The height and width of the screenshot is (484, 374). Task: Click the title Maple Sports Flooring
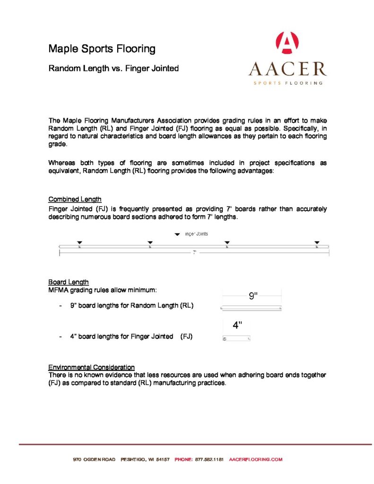pyautogui.click(x=102, y=49)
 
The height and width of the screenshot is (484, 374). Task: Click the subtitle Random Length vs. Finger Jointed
pyautogui.click(x=113, y=69)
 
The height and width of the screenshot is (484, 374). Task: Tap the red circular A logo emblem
pyautogui.click(x=287, y=43)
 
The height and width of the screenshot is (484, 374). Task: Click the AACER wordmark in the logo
pyautogui.click(x=287, y=69)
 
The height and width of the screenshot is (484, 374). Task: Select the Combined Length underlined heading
pyautogui.click(x=75, y=199)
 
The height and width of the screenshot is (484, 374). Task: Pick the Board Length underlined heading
pyautogui.click(x=69, y=282)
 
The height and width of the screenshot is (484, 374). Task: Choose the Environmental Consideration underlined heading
pyautogui.click(x=91, y=367)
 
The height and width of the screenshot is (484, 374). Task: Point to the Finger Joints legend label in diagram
pyautogui.click(x=196, y=234)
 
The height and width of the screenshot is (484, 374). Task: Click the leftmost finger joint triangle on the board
pyautogui.click(x=79, y=242)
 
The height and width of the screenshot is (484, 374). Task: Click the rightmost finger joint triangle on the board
pyautogui.click(x=317, y=242)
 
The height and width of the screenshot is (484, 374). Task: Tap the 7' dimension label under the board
pyautogui.click(x=194, y=253)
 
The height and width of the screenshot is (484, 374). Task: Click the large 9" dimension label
pyautogui.click(x=253, y=296)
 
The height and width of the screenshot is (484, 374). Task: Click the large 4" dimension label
pyautogui.click(x=237, y=325)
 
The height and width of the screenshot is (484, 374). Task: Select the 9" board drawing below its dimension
pyautogui.click(x=251, y=309)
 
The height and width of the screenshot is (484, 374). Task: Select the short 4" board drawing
pyautogui.click(x=236, y=339)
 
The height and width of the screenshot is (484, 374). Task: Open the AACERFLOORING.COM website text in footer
pyautogui.click(x=255, y=459)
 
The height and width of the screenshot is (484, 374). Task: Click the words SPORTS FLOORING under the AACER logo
pyautogui.click(x=288, y=83)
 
